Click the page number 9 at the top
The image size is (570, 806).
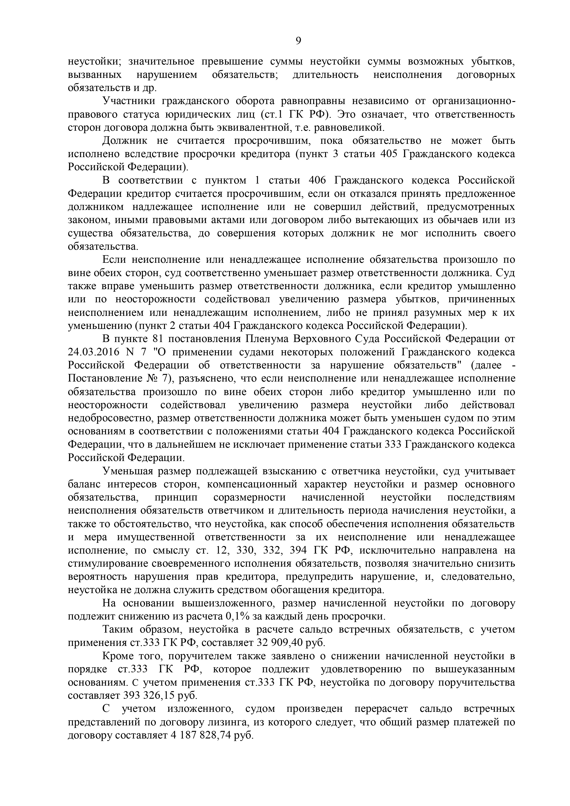[298, 41]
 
